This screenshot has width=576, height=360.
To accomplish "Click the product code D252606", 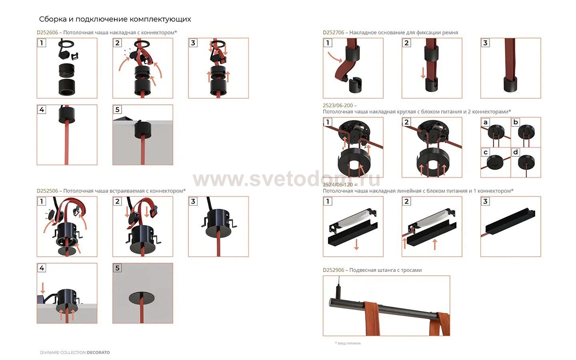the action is (x=47, y=33).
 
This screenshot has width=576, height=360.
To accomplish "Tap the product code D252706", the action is (x=334, y=33).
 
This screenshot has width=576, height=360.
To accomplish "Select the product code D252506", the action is (x=47, y=191).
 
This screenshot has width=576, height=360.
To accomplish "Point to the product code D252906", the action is (x=334, y=270).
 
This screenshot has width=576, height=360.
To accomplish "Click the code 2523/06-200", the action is (x=338, y=106).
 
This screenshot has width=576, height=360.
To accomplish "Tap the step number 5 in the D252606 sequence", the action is (x=117, y=110).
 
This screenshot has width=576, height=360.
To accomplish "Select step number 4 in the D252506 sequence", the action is (x=42, y=268).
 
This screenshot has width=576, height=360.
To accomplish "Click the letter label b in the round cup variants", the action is (x=515, y=122).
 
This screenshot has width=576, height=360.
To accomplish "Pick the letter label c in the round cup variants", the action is (x=486, y=152).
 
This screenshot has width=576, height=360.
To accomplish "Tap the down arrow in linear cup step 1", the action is (x=356, y=244).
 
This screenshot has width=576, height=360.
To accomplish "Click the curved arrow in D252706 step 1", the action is (x=335, y=58).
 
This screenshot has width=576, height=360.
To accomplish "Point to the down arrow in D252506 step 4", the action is (x=43, y=288).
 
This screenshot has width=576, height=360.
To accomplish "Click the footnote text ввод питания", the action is (x=349, y=343).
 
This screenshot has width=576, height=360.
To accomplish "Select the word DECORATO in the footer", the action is (x=98, y=352).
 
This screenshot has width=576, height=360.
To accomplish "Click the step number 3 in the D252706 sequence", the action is (x=485, y=43).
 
